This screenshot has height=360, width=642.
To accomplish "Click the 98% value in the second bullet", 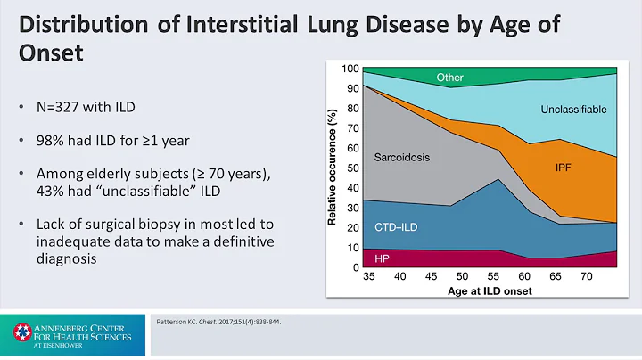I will [53, 141].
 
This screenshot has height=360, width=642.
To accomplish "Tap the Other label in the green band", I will [449, 78].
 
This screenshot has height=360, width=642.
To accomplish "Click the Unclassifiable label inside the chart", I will [573, 110].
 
